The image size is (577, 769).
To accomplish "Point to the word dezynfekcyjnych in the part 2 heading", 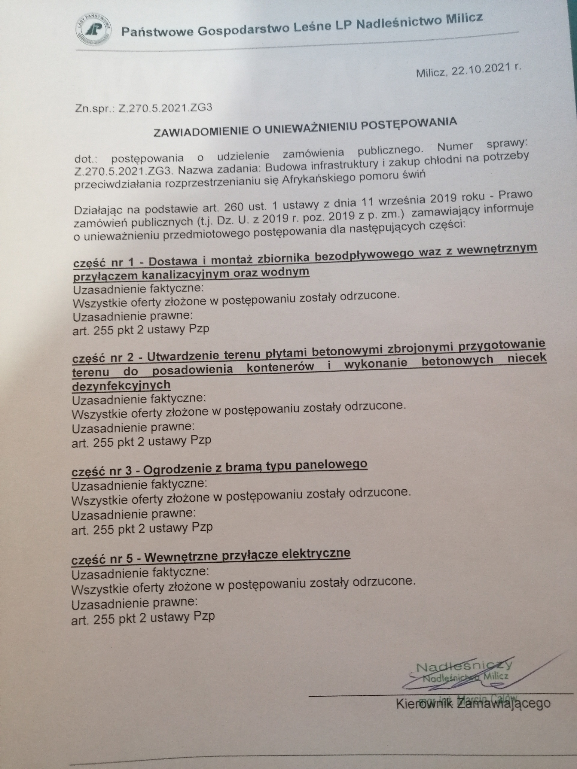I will click(x=121, y=385).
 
